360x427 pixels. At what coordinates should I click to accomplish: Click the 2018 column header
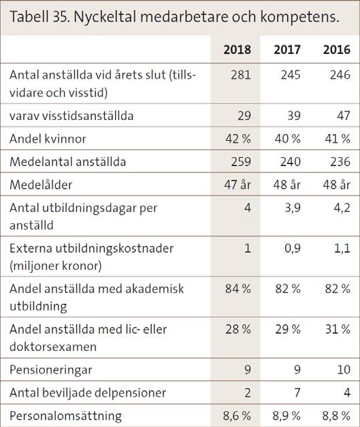click(x=237, y=50)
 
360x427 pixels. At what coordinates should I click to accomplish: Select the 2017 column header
click(x=287, y=50)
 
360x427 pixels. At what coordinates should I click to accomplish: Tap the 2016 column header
click(x=337, y=50)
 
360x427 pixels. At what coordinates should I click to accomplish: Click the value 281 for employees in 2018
click(x=241, y=75)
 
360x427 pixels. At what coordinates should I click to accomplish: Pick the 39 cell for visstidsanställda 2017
click(x=294, y=116)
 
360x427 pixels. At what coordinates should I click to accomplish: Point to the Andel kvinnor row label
click(x=48, y=139)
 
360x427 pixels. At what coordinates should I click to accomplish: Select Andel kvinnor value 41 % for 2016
click(x=338, y=139)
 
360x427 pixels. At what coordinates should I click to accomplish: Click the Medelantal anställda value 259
click(x=241, y=162)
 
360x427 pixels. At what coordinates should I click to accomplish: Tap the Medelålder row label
click(x=41, y=185)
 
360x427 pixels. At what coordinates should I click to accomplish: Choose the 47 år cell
click(x=238, y=185)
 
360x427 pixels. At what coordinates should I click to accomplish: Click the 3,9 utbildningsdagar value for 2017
click(x=293, y=208)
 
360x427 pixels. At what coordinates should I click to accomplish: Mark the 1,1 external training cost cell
click(x=342, y=249)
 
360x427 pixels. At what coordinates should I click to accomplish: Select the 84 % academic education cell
click(x=238, y=289)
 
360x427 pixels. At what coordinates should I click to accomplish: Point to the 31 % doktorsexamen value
click(x=338, y=329)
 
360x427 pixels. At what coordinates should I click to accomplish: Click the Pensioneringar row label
click(x=51, y=370)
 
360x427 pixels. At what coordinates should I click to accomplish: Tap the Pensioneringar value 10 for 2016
click(x=344, y=370)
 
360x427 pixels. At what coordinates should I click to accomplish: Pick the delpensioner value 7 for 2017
click(x=297, y=393)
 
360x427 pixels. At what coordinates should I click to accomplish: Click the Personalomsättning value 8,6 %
click(x=237, y=416)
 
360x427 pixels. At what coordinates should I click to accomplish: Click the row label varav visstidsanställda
click(x=71, y=116)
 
